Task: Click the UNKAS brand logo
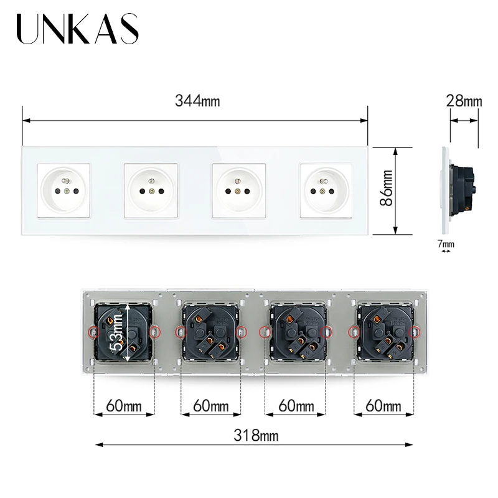pyautogui.click(x=77, y=30)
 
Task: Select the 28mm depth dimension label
pyautogui.click(x=464, y=100)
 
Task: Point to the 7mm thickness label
pyautogui.click(x=446, y=244)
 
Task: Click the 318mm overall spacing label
pyautogui.click(x=253, y=435)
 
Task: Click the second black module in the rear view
pyautogui.click(x=210, y=332)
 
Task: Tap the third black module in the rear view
pyautogui.click(x=296, y=332)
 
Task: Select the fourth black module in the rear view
pyautogui.click(x=382, y=332)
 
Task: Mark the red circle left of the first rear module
pyautogui.click(x=93, y=332)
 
